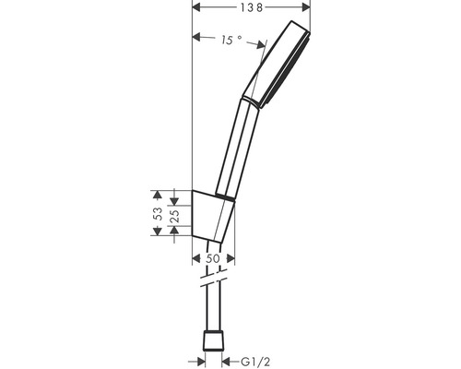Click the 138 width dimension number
click(251, 6)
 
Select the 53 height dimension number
click(157, 212)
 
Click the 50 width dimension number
click(214, 259)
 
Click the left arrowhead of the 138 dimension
click(195, 6)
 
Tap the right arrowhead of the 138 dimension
click(305, 6)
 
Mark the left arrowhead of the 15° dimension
click(197, 38)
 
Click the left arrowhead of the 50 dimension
click(197, 259)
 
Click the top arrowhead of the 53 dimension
click(157, 194)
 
